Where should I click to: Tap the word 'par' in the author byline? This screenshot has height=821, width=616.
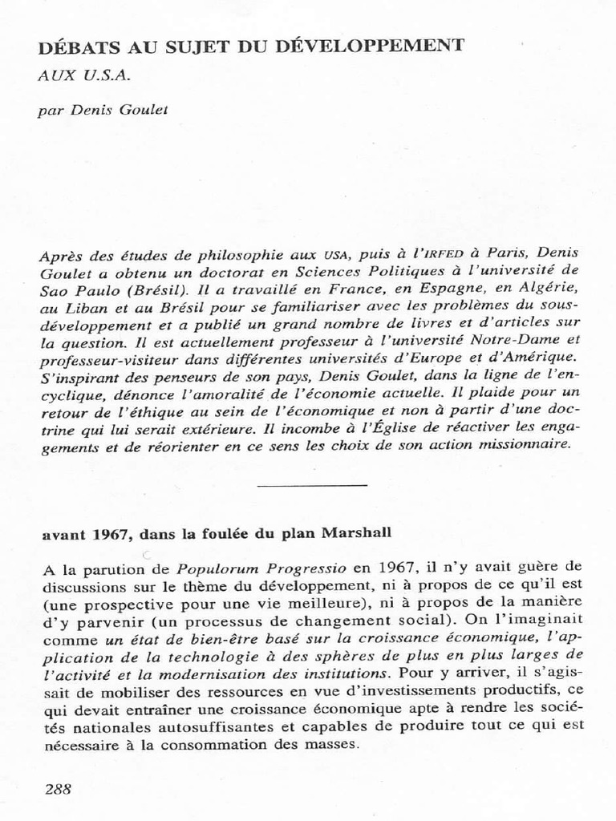click(x=50, y=111)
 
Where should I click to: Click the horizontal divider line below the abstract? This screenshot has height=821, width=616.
click(x=313, y=485)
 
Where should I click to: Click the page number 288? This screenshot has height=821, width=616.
click(x=58, y=789)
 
